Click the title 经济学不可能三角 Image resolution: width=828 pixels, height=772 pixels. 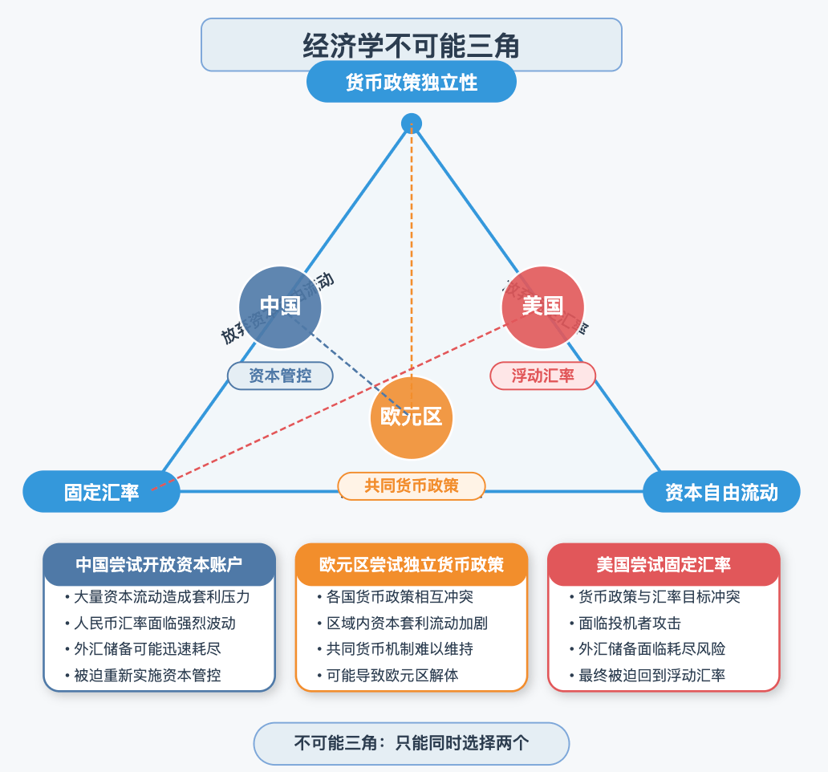pos(411,45)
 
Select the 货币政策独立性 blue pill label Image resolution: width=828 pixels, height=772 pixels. pos(411,82)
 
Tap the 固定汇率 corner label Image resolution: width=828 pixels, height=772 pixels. pos(102,491)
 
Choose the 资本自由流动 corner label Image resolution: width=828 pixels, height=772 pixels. pos(721,491)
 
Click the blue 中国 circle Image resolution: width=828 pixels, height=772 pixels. pos(280,307)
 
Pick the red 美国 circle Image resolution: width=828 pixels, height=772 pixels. pos(542,307)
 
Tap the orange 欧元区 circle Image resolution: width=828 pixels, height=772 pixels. pos(411,417)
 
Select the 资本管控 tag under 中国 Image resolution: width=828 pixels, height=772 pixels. pos(280,375)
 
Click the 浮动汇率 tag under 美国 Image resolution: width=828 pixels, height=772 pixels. pos(542,375)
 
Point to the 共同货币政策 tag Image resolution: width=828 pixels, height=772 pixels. pos(411,486)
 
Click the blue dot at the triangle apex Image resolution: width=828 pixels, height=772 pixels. pos(411,124)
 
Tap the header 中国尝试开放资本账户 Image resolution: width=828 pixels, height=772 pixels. pos(159,564)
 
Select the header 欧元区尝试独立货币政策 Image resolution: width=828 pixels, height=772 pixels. pos(412,564)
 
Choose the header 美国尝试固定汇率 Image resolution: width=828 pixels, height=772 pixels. pos(664,564)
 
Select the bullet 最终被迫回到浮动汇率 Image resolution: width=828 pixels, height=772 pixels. pos(651,675)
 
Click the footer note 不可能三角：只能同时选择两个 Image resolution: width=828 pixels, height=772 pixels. pos(411,743)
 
